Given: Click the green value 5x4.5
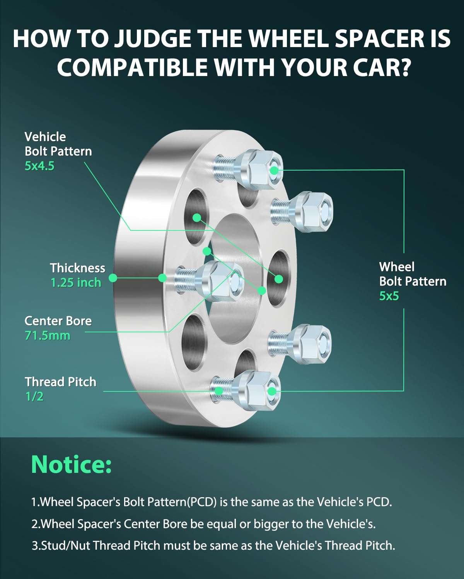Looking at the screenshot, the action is (39, 166).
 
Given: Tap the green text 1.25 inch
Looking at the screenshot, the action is (76, 283).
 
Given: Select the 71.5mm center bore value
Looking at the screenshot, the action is (48, 336).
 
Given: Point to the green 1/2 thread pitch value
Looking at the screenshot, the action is (34, 396).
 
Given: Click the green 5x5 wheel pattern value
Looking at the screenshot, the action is (389, 296).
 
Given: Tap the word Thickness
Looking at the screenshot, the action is (78, 268).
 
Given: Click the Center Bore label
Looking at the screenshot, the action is (58, 321).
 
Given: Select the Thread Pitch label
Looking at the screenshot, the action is (61, 382).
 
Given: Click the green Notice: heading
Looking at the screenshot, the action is (72, 465).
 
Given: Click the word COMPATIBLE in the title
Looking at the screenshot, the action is (132, 67).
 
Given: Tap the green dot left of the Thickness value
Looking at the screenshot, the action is (113, 278).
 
